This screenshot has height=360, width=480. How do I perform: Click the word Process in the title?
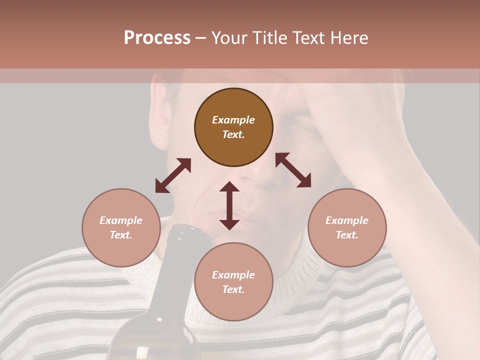point(157,38)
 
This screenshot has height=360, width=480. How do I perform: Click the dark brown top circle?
point(233,127)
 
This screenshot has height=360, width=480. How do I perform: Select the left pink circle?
point(121,227)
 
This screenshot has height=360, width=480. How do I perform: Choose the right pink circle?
point(347,227)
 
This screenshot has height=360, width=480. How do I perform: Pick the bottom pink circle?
point(233,282)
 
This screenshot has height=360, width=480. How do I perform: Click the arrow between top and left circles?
point(173,175)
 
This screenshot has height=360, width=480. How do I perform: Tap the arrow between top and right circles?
point(293,170)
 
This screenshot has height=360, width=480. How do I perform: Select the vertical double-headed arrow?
point(229,205)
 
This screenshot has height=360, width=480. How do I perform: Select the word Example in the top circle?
point(233,120)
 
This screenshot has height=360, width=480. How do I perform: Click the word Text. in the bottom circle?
point(233,289)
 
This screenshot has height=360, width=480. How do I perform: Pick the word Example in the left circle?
point(121,220)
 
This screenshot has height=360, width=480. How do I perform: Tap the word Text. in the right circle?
point(347,235)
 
